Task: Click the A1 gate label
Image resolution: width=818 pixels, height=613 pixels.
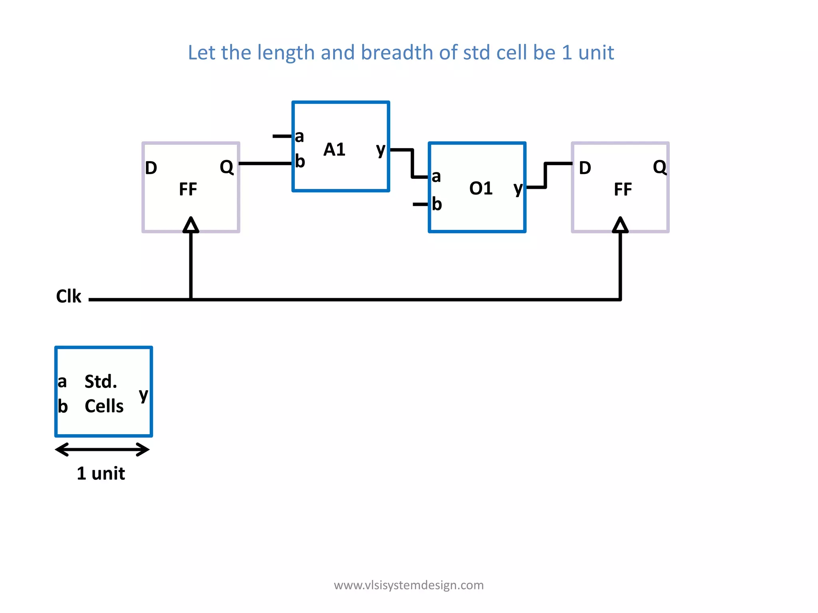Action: pos(334,150)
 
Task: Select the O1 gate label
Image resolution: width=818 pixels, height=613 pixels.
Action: pos(480,188)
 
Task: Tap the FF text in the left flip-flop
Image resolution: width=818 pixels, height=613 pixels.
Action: pos(188,189)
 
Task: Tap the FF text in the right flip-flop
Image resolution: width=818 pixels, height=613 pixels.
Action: pos(623,189)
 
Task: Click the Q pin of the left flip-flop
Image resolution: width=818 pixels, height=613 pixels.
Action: pos(226,167)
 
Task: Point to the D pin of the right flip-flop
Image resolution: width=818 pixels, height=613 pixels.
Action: pos(585,168)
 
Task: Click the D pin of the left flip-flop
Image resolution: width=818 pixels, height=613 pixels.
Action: pos(151,168)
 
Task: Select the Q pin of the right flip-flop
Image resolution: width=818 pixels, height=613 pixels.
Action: pos(659,167)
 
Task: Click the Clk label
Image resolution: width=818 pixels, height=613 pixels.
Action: pos(68,297)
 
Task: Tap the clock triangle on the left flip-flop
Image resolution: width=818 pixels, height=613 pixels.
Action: pos(191,225)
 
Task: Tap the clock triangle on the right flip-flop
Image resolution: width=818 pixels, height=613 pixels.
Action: pos(620,225)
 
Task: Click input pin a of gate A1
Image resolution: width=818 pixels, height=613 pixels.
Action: pos(299,136)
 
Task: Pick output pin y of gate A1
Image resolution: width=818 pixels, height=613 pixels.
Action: pos(381,150)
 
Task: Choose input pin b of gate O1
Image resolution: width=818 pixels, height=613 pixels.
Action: pos(437,204)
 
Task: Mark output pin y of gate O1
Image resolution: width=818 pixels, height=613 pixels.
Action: pos(518,188)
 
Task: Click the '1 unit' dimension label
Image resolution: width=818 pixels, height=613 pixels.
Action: pos(101,473)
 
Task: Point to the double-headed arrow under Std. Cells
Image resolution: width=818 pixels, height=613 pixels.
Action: pos(103,449)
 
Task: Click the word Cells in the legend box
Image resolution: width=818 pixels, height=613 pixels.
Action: pos(104,406)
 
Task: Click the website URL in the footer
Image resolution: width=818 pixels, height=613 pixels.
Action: pos(409,585)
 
